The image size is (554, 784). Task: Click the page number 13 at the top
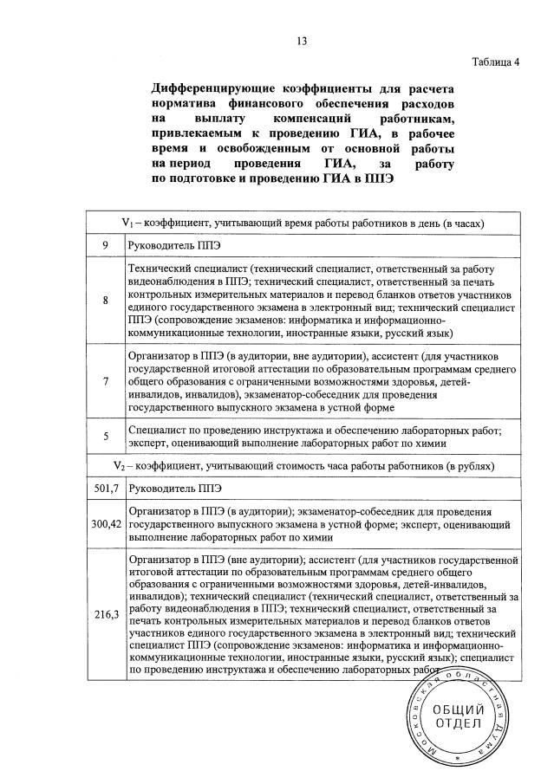[302, 40]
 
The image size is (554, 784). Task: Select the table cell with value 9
[105, 245]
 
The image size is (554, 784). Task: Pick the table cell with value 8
[105, 301]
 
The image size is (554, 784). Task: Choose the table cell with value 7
[105, 381]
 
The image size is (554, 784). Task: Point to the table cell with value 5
[105, 437]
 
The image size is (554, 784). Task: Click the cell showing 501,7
[105, 489]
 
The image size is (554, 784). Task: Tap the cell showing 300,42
[105, 523]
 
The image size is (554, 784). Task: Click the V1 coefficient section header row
[303, 223]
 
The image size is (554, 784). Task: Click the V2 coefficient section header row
[303, 466]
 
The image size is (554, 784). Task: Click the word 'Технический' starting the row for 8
[160, 269]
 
